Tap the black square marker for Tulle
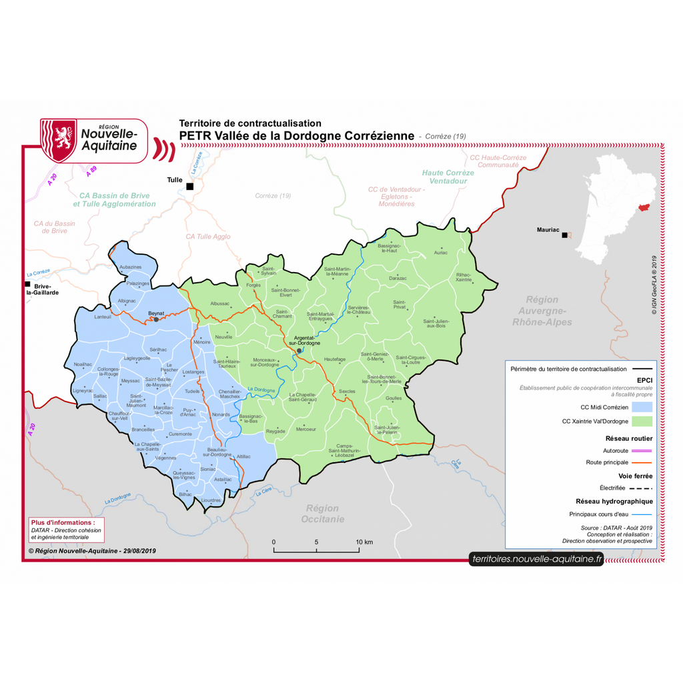pos(190,186)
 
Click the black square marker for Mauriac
pos(564,235)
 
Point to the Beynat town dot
pos(157,319)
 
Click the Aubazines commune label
pos(131,267)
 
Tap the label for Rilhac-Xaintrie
pos(464,277)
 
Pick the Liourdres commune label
pos(211,500)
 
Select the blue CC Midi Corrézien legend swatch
pos(641,406)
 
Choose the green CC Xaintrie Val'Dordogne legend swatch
pos(641,422)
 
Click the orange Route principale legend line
pos(641,462)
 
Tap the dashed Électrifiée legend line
pos(641,488)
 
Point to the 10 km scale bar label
pos(364,542)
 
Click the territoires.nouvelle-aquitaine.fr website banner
pos(536,560)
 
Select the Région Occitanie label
pos(322,514)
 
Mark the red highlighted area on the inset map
pos(643,208)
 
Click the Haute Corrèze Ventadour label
pos(448,177)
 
